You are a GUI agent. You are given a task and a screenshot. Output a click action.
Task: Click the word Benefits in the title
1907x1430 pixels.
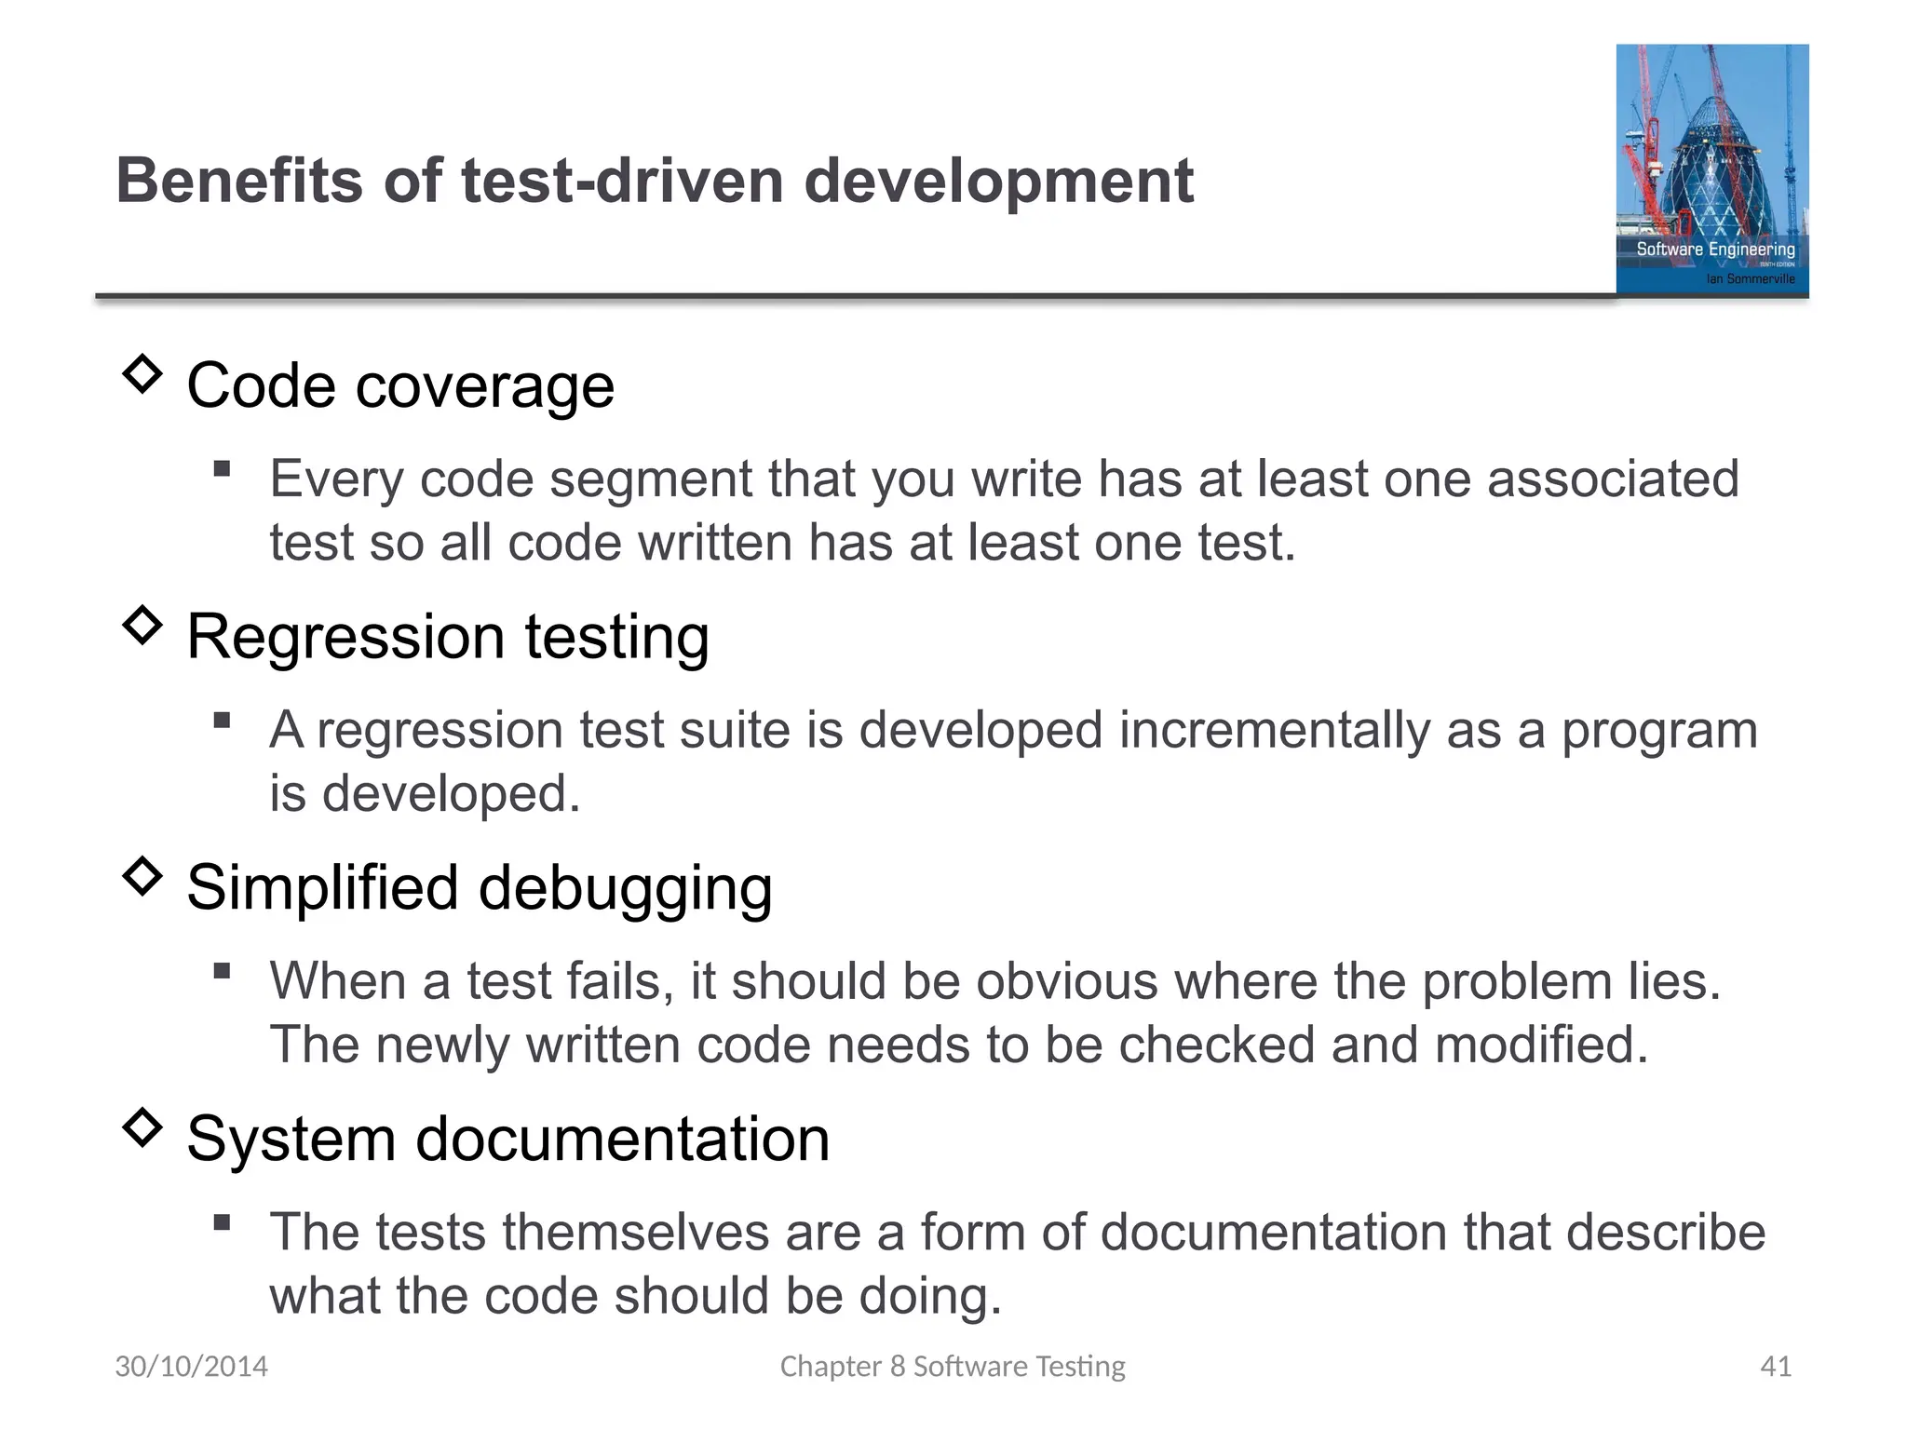click(238, 181)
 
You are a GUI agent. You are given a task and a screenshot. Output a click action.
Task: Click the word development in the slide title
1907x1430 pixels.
click(997, 181)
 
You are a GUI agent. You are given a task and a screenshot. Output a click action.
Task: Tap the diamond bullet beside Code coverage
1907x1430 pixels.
click(142, 373)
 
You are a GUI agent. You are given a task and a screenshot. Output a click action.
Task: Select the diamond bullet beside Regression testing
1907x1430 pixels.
click(142, 625)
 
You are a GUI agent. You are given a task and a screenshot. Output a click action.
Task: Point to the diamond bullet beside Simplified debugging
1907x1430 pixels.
click(142, 876)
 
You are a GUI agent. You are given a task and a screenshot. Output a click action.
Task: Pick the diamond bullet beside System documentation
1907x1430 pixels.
click(142, 1127)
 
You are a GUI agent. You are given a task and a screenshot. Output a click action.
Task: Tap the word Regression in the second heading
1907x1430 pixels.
click(345, 637)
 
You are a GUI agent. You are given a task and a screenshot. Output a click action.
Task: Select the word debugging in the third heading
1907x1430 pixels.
click(625, 888)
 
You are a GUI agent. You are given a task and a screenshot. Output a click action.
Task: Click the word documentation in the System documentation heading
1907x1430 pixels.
click(622, 1139)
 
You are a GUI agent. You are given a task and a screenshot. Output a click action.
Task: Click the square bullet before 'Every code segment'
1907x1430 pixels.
click(222, 468)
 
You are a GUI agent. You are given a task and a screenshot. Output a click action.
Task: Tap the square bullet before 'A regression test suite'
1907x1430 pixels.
click(222, 720)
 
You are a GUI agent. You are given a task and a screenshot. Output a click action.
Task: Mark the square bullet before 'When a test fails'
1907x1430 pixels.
click(222, 971)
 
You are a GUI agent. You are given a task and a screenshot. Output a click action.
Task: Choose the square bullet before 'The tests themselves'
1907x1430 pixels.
click(222, 1222)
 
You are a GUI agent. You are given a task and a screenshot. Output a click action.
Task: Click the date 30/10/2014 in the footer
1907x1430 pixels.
click(191, 1367)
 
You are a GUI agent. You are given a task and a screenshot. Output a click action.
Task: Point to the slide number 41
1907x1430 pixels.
click(1776, 1367)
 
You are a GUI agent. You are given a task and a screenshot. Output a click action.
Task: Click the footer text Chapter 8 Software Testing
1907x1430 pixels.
click(953, 1367)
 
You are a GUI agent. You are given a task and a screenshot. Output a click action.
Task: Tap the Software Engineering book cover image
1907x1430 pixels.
click(1711, 169)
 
